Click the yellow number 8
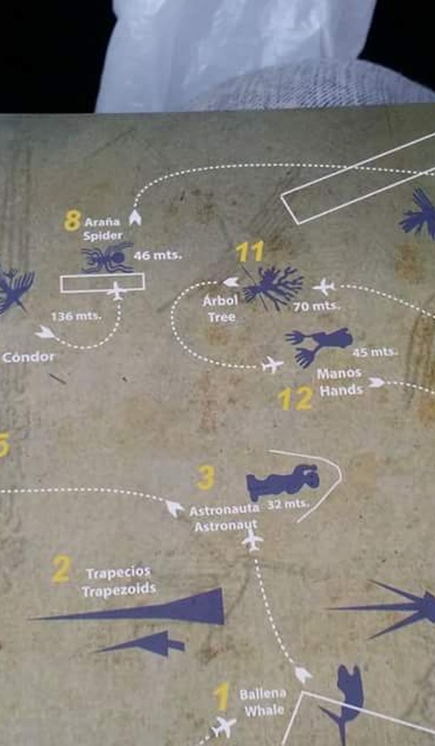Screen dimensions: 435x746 click(x=72, y=220)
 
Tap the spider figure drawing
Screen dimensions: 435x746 click(x=108, y=258)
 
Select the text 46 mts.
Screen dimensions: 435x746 click(x=157, y=255)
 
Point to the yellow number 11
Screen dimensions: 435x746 click(x=249, y=252)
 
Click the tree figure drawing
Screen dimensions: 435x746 click(x=273, y=287)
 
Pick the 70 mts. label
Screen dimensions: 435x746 click(x=316, y=306)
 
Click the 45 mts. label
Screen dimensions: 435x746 click(x=375, y=352)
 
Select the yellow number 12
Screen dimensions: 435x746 click(x=295, y=399)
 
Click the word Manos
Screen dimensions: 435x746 click(x=339, y=374)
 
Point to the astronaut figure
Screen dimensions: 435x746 click(x=283, y=482)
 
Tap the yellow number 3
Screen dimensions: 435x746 click(x=205, y=477)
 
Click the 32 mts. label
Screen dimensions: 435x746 click(x=288, y=504)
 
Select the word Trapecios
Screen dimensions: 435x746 click(x=118, y=573)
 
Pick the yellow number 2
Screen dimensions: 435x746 click(x=61, y=569)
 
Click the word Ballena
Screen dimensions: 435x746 click(x=263, y=694)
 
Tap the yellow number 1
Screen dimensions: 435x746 click(x=221, y=697)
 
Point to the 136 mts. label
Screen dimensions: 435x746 click(x=76, y=316)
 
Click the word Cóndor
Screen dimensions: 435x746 click(x=28, y=356)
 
